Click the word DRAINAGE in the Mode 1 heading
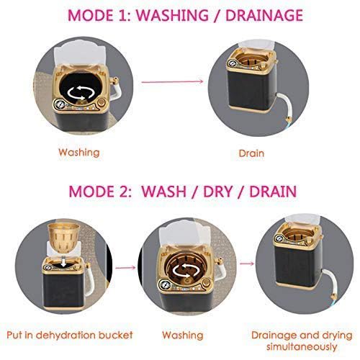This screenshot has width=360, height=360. pyautogui.click(x=264, y=15)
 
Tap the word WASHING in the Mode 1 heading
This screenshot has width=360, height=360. pyautogui.click(x=173, y=15)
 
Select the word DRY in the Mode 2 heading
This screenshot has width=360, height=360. pyautogui.click(x=218, y=192)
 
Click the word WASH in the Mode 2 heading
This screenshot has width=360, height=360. pyautogui.click(x=164, y=192)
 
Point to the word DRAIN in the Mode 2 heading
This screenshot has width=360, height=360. pyautogui.click(x=273, y=192)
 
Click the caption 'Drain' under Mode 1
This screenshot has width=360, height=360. pyautogui.click(x=251, y=153)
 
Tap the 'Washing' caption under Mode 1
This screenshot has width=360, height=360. pyautogui.click(x=79, y=153)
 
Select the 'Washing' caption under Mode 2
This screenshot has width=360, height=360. pyautogui.click(x=182, y=336)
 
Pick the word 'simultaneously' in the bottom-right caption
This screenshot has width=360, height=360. pyautogui.click(x=302, y=347)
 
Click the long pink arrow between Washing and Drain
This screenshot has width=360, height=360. pyautogui.click(x=172, y=81)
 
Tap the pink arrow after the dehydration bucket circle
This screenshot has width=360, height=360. pyautogui.click(x=125, y=268)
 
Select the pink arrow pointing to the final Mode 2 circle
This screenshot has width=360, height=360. pyautogui.click(x=247, y=264)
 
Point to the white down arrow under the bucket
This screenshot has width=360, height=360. pyautogui.click(x=63, y=262)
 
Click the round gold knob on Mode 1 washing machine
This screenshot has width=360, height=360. pyautogui.click(x=102, y=103)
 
